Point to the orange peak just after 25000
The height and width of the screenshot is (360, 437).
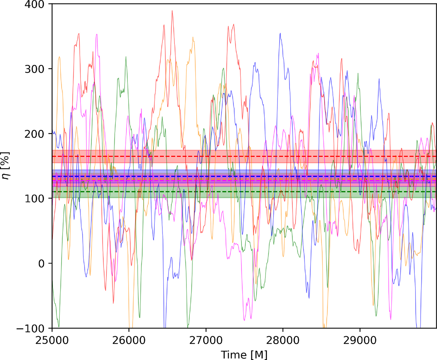(x=59, y=57)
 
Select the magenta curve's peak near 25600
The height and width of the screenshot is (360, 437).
(x=97, y=34)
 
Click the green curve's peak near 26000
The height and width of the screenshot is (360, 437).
(x=126, y=57)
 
